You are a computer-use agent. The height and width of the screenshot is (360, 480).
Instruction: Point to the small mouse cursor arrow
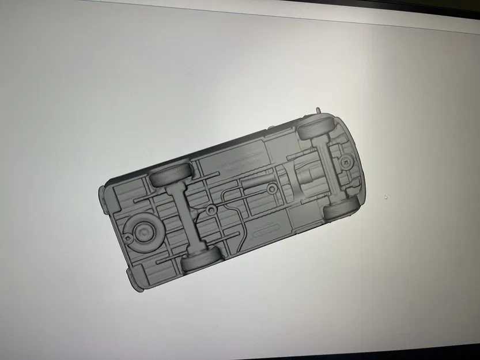tap(385, 197)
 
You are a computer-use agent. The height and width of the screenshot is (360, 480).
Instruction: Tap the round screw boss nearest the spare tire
tap(213, 210)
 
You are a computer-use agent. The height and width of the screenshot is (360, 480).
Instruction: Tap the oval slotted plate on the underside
tap(265, 232)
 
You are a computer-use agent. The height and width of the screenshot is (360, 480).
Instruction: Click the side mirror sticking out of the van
tap(318, 109)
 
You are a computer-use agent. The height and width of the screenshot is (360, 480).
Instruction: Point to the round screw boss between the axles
tap(271, 190)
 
